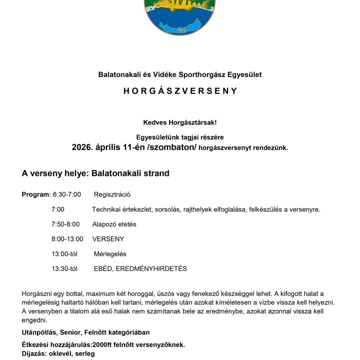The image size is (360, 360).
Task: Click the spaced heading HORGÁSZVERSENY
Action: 180,91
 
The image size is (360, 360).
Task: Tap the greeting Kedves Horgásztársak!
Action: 180,122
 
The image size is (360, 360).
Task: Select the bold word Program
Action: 35,194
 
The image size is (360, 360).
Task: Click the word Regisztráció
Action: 112,194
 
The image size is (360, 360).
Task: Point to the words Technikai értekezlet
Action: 122,209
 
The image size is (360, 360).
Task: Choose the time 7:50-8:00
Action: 65,224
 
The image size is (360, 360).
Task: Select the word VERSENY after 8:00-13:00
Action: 108,239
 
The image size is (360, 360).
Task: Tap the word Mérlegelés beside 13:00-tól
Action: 110,254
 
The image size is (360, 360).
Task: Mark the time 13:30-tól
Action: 64,269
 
